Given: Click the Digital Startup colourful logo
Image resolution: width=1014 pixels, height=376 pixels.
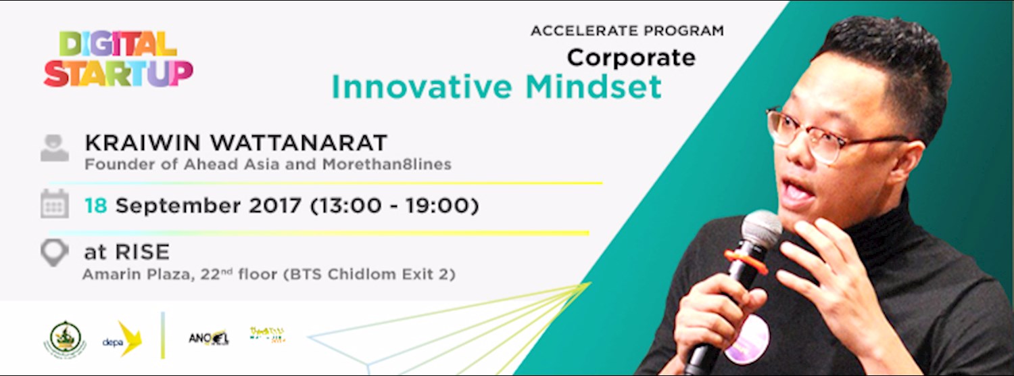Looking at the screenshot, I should (118, 60).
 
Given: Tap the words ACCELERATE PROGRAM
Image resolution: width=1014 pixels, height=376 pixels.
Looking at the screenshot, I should (627, 31).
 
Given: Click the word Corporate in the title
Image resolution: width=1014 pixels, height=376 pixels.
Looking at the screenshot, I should (631, 57).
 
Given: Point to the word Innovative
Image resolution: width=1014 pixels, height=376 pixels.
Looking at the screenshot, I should (422, 87).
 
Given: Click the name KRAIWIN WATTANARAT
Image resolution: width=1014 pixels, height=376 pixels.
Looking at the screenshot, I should (235, 143).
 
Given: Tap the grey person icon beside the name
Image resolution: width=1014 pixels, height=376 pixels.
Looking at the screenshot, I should (54, 147).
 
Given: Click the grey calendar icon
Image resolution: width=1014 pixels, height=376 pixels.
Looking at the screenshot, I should (54, 204).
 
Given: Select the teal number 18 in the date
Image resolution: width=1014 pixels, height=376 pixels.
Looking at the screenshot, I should (95, 206).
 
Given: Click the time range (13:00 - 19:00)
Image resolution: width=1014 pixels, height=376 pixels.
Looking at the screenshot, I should (393, 206).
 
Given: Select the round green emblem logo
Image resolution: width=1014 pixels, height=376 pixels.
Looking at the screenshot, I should (66, 337).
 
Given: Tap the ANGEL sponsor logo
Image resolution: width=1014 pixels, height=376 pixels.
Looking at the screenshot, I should (209, 336).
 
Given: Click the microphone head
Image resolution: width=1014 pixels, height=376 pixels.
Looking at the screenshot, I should (761, 227).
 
